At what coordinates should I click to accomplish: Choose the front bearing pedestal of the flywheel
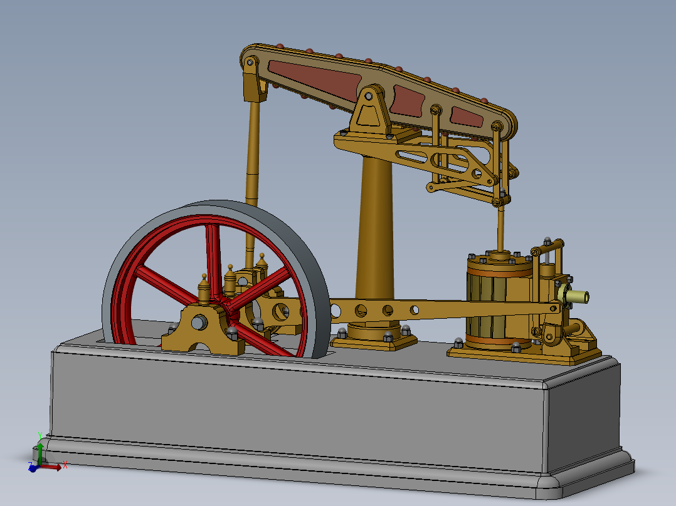(202, 329)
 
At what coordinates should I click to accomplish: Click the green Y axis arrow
(40, 451)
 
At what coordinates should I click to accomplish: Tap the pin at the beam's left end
(250, 62)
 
